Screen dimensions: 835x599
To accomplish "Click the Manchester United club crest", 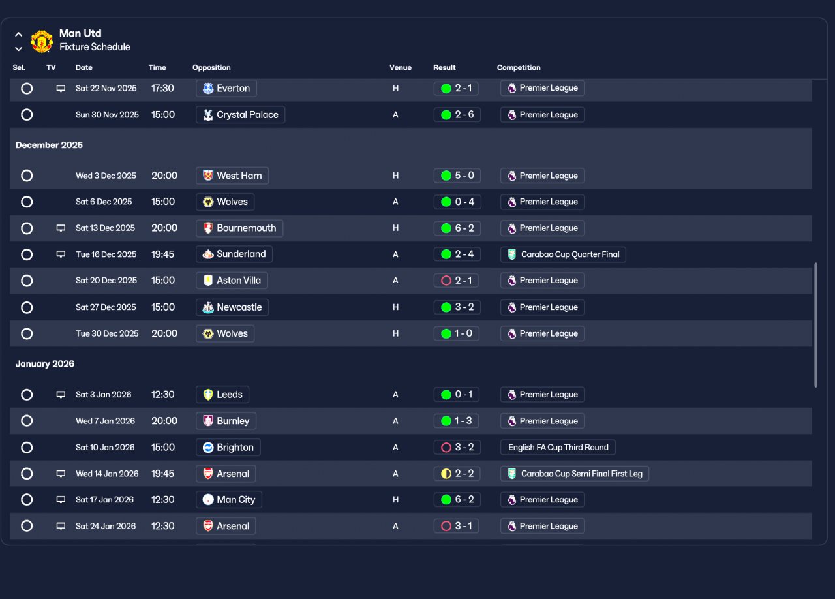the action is tap(41, 41).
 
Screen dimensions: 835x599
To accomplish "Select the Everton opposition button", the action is tap(226, 88).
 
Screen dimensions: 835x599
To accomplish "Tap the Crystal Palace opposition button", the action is tap(241, 115).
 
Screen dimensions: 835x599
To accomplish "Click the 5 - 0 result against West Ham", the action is tap(457, 176).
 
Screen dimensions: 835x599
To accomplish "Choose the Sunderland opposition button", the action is tap(234, 254).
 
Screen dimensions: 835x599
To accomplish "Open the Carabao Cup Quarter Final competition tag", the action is tap(563, 254).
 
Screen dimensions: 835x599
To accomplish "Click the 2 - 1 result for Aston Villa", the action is tap(456, 281).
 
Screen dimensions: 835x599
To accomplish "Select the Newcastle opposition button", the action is tap(232, 307).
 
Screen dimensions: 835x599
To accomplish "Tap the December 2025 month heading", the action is tap(49, 145).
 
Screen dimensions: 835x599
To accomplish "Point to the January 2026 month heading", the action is tap(45, 364).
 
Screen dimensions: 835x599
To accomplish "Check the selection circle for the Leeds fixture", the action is tap(27, 395).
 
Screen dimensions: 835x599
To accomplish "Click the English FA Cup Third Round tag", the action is tap(558, 448).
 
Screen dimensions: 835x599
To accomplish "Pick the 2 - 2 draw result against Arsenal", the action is tap(457, 474).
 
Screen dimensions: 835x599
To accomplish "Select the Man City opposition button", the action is tap(229, 500).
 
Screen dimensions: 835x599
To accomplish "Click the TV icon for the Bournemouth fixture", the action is tap(61, 228).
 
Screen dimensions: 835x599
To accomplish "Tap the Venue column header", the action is tap(401, 67).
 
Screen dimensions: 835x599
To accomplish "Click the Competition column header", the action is tap(519, 67).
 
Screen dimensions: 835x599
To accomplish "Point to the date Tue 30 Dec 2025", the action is tap(107, 334).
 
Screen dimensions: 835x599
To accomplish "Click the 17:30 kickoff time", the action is tap(162, 88).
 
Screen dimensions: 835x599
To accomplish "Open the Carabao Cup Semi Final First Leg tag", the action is tap(575, 474).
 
